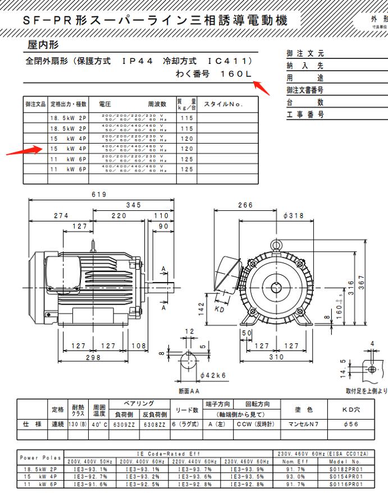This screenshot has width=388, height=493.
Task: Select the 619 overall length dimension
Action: click(99, 194)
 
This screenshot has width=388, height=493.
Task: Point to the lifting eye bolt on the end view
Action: click(276, 245)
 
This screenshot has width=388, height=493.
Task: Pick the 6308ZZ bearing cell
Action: click(152, 425)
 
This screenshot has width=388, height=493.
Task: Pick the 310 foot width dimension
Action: click(274, 357)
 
